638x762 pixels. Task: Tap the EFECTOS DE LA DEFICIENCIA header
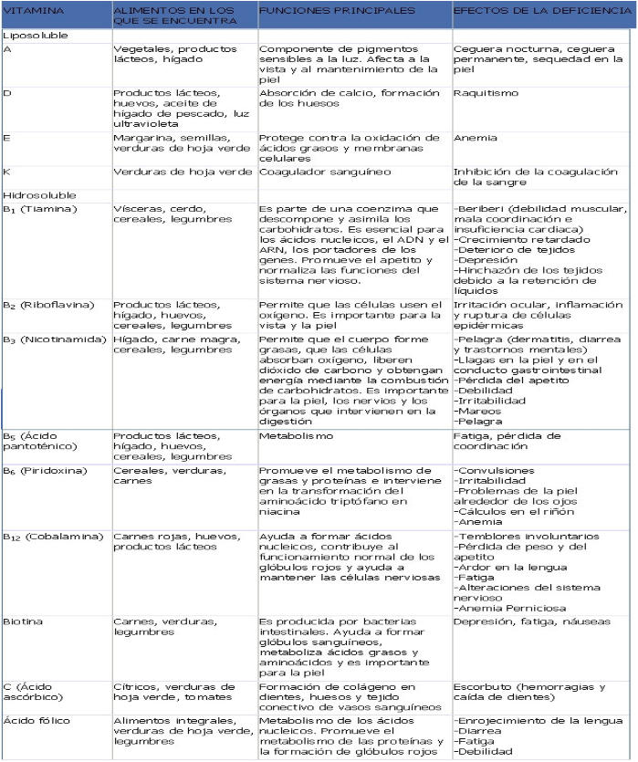tap(525, 11)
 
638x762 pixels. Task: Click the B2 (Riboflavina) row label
tap(50, 304)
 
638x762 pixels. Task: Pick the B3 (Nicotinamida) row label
tap(53, 338)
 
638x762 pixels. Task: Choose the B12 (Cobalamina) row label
tap(53, 537)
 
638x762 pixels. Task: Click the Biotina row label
tap(22, 621)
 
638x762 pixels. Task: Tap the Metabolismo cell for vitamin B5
tap(293, 436)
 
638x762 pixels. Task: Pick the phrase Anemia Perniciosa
tap(507, 605)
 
